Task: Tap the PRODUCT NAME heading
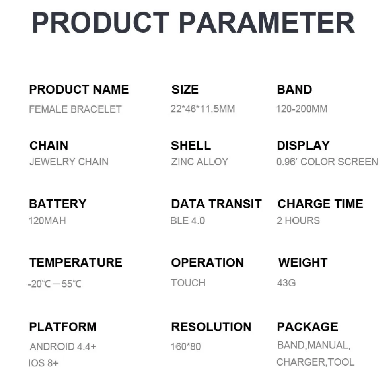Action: [79, 89]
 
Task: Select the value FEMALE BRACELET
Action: [75, 109]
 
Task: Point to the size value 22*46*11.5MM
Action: [203, 109]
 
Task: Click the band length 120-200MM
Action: [302, 109]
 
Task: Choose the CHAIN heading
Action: [49, 145]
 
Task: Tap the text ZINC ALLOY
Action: [200, 162]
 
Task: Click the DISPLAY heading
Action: [303, 145]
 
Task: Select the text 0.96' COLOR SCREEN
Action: [327, 162]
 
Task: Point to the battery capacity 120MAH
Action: [47, 221]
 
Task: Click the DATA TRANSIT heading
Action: [216, 204]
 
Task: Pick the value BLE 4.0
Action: [187, 221]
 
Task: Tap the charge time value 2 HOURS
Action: [298, 221]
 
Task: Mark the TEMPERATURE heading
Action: [76, 263]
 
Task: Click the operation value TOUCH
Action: [188, 283]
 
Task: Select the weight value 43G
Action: [286, 283]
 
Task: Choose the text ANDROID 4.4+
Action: [63, 347]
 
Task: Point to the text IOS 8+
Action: [44, 363]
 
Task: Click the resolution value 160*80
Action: [186, 347]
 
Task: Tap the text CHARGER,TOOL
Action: [315, 362]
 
